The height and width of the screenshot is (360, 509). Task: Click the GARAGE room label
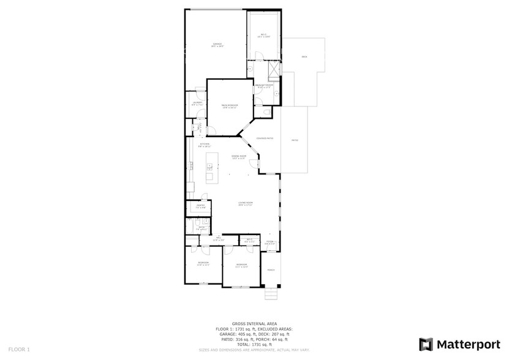[217, 45]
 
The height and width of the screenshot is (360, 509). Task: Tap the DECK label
[304, 56]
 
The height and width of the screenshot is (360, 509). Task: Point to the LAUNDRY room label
[197, 103]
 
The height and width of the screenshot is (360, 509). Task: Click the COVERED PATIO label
[265, 139]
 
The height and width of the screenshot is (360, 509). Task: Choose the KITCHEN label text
[204, 145]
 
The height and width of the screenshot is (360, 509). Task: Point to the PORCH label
[271, 270]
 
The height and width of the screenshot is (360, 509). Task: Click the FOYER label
[270, 242]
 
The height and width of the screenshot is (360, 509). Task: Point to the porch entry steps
[271, 296]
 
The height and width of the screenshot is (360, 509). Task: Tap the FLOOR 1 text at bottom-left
[19, 349]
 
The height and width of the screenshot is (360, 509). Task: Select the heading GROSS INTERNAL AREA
[254, 324]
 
